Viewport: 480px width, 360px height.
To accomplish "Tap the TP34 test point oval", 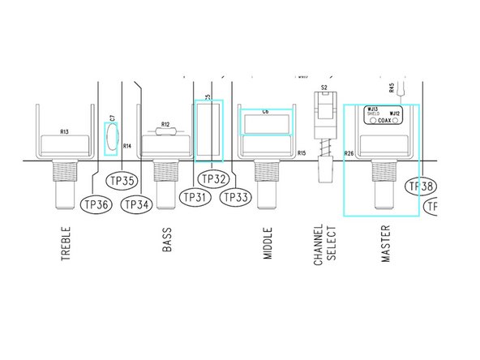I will tap(137, 204).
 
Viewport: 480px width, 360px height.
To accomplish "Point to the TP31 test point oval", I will tap(195, 196).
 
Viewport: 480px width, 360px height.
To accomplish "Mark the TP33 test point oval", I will tap(235, 196).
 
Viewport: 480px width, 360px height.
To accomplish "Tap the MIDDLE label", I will tap(268, 243).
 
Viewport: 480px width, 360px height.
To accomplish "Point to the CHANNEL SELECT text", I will tap(324, 243).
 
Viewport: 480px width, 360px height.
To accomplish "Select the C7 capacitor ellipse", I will tap(111, 137).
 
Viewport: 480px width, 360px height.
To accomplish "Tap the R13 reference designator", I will tap(64, 131).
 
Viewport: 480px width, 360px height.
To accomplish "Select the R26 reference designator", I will tap(349, 152).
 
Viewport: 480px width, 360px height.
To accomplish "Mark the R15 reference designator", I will tap(301, 152).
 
